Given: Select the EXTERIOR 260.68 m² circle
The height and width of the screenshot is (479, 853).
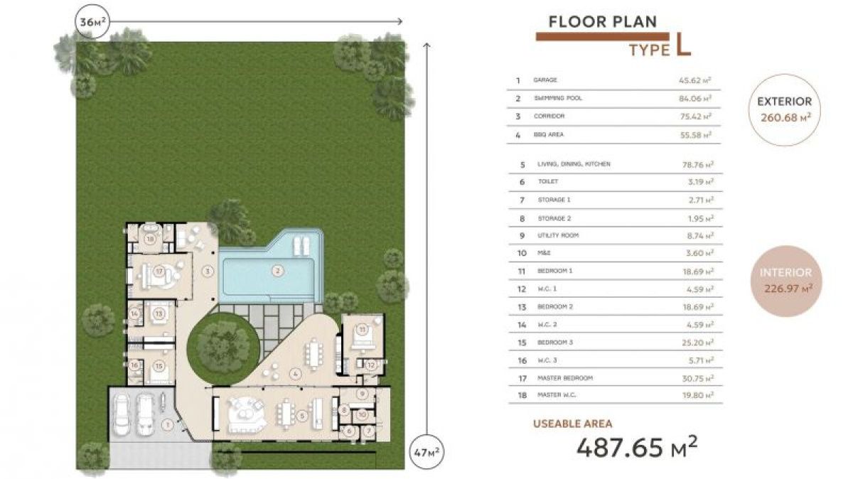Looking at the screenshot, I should [x=784, y=110].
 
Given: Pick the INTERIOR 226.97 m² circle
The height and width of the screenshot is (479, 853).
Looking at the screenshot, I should [x=785, y=281].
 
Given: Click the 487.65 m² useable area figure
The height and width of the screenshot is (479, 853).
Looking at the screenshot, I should [x=636, y=448].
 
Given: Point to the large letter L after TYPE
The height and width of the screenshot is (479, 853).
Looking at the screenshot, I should [x=683, y=46].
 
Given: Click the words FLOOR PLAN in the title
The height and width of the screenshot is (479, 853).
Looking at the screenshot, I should [x=603, y=22].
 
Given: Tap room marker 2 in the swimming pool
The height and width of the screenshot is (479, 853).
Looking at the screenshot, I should [x=278, y=270].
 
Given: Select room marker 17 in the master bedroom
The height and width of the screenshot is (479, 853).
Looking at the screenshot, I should [x=159, y=271].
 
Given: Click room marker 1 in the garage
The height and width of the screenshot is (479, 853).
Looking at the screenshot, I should [x=167, y=426].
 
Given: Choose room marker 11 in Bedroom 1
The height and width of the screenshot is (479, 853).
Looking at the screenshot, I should [x=362, y=330].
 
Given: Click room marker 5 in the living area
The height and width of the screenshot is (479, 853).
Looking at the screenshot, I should [x=302, y=416].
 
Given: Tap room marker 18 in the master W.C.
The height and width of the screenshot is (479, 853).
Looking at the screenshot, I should [x=150, y=239].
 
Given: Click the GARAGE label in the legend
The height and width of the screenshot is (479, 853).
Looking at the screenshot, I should [x=545, y=80].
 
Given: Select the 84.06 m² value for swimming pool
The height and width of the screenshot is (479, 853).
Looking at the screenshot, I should [x=695, y=99].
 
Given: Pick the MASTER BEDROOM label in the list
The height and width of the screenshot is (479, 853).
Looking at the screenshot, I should [x=565, y=378].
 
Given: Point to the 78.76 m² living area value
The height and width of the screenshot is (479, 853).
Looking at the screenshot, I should [x=695, y=164].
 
